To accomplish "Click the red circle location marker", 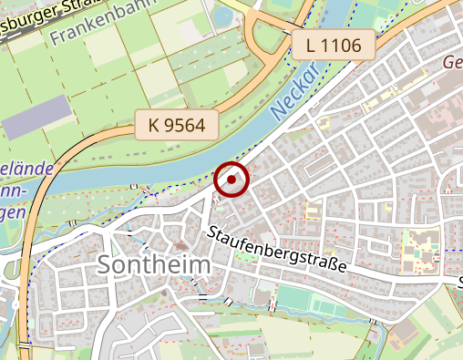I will pos(231,180).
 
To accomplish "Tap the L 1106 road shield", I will pos(334,46).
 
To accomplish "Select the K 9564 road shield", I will pos(178,126).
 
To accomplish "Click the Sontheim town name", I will pos(153,265).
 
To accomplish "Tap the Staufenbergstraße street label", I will pos(277,252).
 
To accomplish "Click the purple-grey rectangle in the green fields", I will pos(37,116).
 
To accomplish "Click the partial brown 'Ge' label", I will pos(452,62).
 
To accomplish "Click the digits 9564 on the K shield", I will pos(187,126).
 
